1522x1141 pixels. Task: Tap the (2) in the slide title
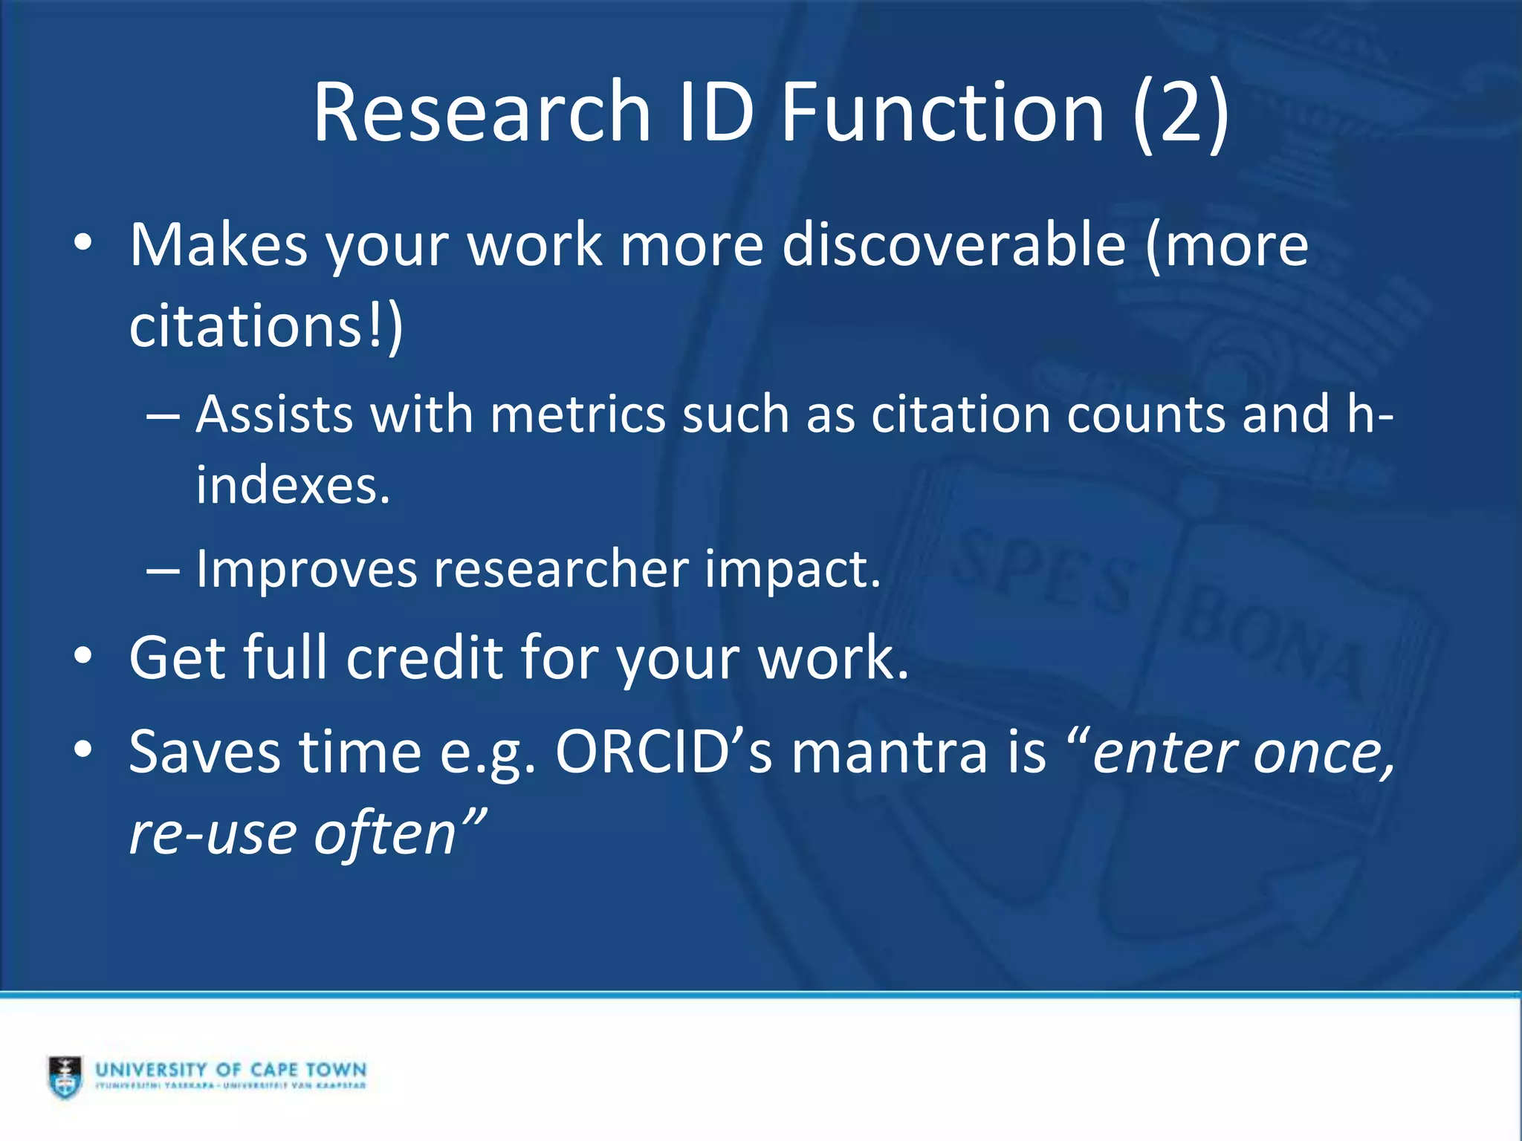(1181, 113)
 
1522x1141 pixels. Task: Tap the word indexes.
(293, 486)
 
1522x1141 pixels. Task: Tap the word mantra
(889, 752)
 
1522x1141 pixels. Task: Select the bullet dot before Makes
(83, 244)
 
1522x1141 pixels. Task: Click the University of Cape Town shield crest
(65, 1076)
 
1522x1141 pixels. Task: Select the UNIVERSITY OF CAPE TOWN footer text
(231, 1070)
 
